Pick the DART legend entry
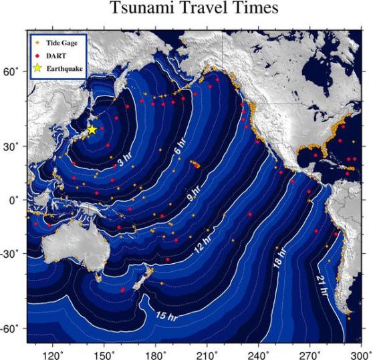[x=55, y=55]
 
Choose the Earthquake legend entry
[x=64, y=68]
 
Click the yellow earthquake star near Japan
[x=92, y=130]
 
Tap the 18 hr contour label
[x=277, y=259]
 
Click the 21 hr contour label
[x=322, y=284]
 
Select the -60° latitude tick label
[x=12, y=329]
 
